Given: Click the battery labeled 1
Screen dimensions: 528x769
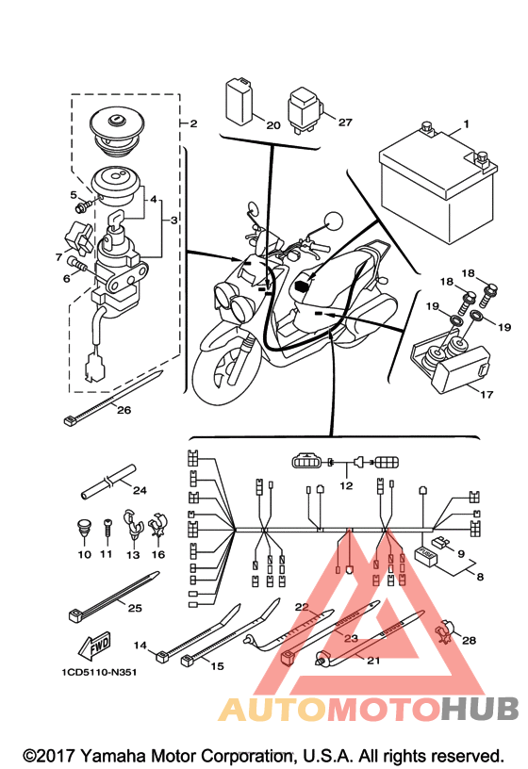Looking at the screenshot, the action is [x=437, y=187].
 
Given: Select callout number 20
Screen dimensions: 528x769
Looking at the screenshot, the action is [x=273, y=125].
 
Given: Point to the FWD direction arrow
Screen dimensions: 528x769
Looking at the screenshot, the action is [x=94, y=646].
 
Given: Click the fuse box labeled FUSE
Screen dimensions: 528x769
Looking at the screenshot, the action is [x=425, y=556].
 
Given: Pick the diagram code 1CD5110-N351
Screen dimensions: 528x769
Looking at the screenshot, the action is [x=99, y=672].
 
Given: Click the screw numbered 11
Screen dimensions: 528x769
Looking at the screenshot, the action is [x=107, y=531].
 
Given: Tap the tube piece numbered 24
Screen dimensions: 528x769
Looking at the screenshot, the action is [x=107, y=482].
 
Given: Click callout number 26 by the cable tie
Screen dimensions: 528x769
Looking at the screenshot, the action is [x=124, y=410].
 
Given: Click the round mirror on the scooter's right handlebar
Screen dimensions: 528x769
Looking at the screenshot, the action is [x=334, y=221].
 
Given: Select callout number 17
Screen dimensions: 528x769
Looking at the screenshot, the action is [x=486, y=394].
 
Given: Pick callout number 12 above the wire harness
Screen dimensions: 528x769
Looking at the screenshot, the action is [x=346, y=485].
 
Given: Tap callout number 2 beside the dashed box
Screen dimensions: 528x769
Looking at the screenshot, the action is [x=193, y=123].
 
